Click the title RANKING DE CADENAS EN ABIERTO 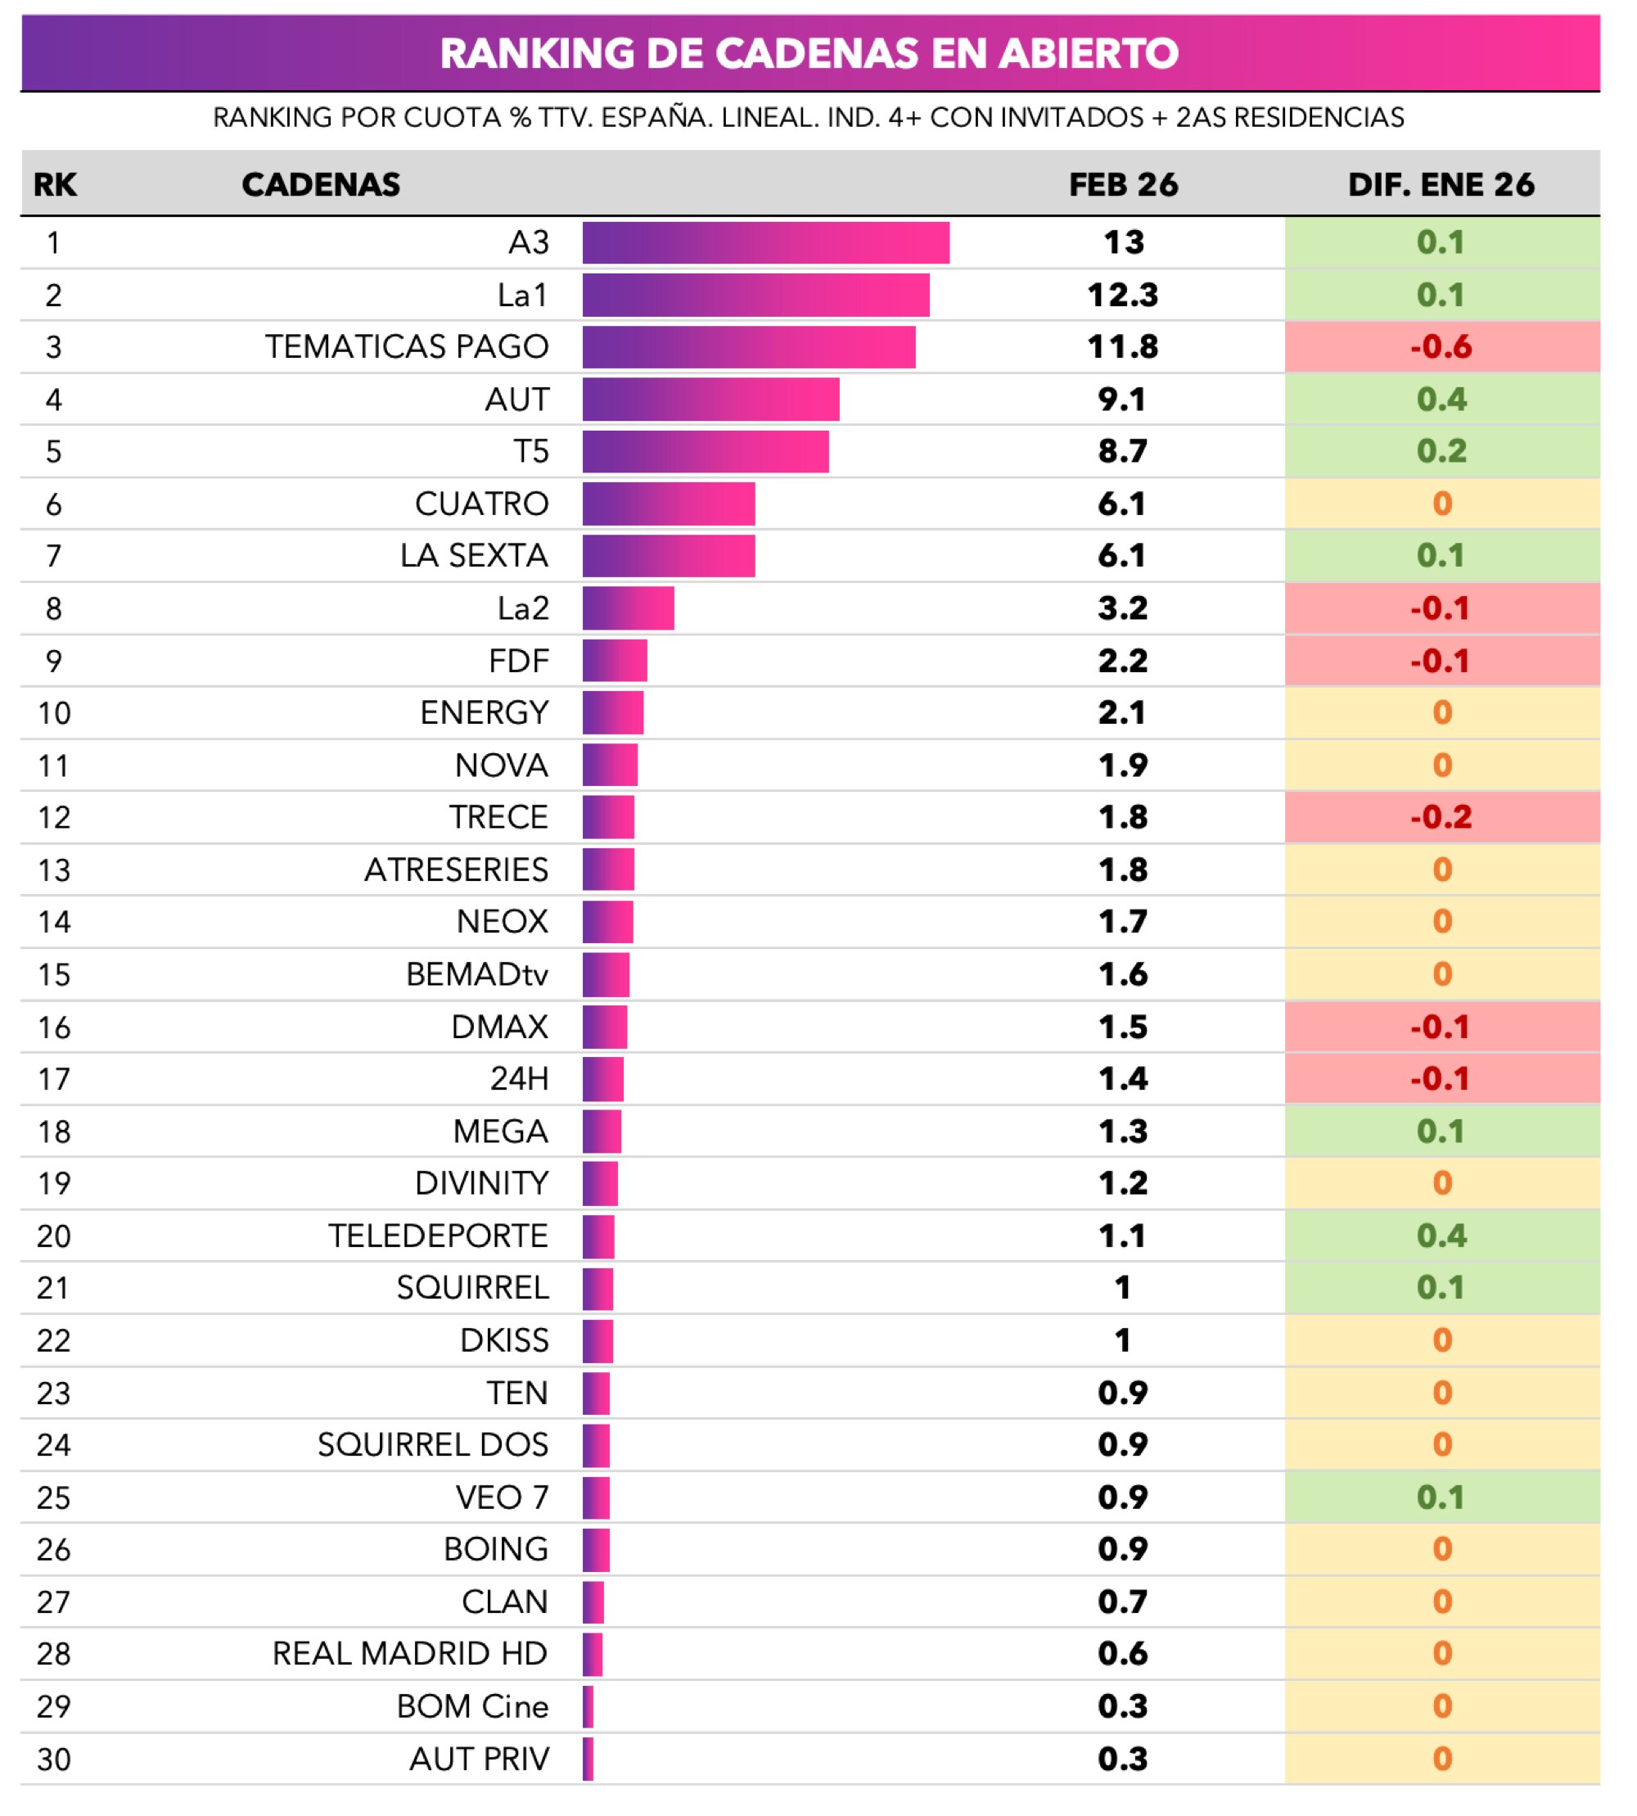[809, 53]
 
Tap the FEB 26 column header [1122, 184]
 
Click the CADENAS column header [320, 184]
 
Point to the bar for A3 [765, 243]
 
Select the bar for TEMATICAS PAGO [748, 347]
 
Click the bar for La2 [628, 609]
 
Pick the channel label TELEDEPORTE [438, 1236]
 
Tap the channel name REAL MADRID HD [410, 1654]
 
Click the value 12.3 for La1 [1122, 296]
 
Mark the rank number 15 [54, 974]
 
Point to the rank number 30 [54, 1760]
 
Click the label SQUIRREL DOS [433, 1445]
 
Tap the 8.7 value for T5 [1122, 452]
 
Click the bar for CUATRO [668, 504]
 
